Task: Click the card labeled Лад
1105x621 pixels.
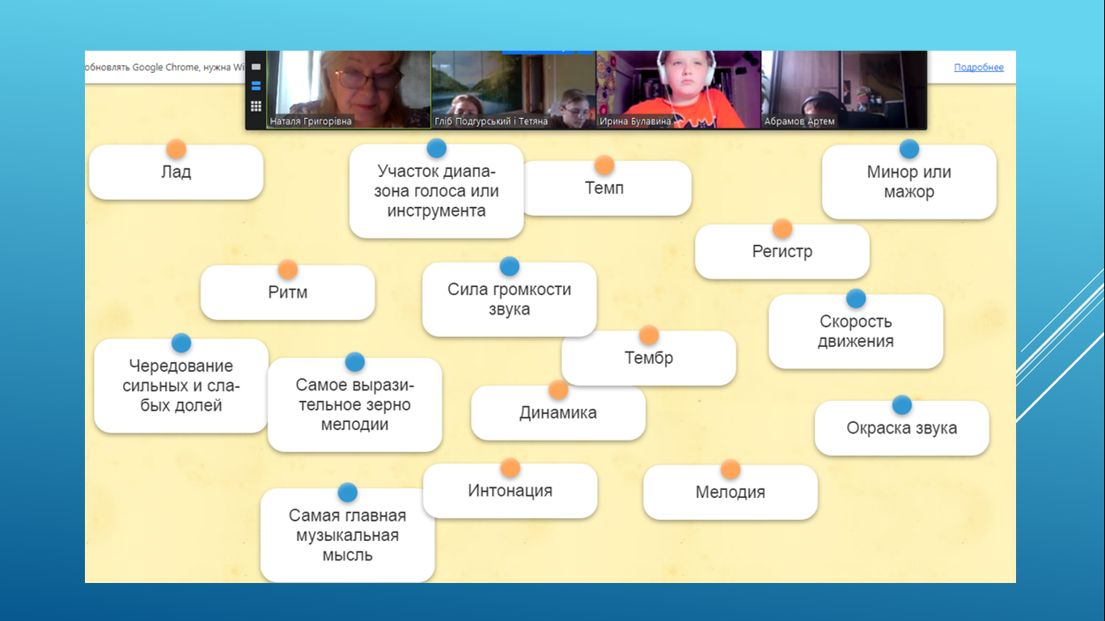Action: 176,172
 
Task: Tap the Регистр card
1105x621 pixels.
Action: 782,251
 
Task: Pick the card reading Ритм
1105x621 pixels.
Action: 288,293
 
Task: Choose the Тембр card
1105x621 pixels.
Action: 649,357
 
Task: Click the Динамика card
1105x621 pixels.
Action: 558,413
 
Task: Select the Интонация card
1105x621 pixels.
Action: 510,491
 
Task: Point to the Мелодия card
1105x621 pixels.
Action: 730,492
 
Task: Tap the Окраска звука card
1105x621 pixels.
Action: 902,428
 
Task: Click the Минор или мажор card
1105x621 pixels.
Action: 909,182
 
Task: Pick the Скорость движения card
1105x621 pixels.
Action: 856,332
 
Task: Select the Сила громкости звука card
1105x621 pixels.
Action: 509,299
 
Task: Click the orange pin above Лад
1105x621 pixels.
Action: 176,149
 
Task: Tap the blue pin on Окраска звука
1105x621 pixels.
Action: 902,405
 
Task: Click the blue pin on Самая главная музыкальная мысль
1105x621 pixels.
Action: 347,492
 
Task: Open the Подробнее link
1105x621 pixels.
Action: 978,67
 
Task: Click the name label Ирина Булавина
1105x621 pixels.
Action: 635,121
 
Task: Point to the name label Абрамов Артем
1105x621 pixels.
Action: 799,121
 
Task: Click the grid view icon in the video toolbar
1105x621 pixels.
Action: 256,106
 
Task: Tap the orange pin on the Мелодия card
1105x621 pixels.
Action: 730,469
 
